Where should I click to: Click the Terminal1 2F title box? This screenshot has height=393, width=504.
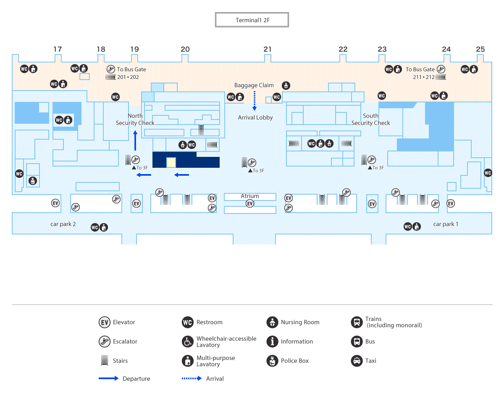coord(252,20)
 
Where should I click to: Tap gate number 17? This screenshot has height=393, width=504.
coord(58,49)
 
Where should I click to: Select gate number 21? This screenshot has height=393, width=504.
coord(268,49)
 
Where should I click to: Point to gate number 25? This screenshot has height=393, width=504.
coord(480,49)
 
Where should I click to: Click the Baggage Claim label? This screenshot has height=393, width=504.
coord(254,85)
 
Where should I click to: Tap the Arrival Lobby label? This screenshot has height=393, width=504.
coord(255,118)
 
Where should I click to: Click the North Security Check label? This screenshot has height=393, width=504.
coord(135,120)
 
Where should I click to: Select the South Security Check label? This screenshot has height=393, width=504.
coord(371,120)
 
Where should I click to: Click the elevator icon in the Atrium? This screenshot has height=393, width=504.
coord(250,204)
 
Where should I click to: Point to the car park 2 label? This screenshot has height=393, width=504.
coord(63,224)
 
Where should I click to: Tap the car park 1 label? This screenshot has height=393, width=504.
coord(446,224)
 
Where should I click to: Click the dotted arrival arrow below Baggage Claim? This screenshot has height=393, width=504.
coord(254,101)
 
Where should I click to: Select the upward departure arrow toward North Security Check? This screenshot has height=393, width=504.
coord(135,140)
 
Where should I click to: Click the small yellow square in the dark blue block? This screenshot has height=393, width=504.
coord(171,162)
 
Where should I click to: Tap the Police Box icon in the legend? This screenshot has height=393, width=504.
coord(272,361)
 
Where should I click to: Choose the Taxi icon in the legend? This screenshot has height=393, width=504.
coord(357,361)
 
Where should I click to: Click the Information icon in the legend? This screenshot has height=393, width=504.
coord(272,341)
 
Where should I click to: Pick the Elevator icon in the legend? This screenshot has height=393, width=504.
coord(105,322)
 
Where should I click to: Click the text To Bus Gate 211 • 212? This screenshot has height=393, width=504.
coord(420,73)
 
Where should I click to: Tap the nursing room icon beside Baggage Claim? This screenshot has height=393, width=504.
coord(286,86)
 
